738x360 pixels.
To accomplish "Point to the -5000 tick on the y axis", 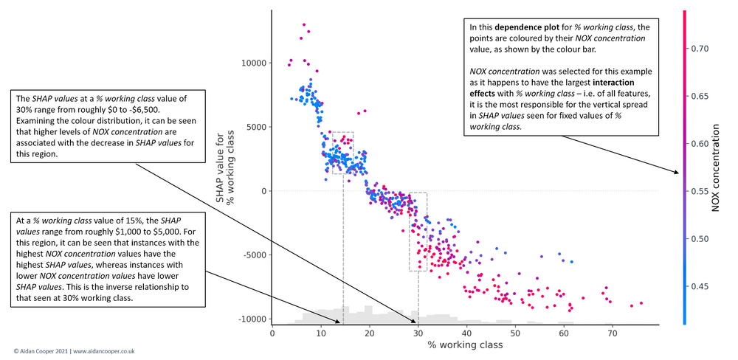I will [x=255, y=255].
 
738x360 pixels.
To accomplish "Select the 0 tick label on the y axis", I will [x=263, y=191].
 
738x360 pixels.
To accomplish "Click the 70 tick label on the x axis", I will [x=612, y=333].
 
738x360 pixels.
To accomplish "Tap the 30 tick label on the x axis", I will [x=418, y=333].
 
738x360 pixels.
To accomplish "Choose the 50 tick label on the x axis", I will [x=515, y=333].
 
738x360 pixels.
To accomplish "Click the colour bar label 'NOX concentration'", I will [x=715, y=168].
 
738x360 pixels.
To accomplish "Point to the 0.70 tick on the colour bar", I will [x=701, y=49].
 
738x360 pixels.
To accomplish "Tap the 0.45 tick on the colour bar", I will [x=701, y=286].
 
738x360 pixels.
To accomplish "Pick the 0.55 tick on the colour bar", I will [x=701, y=191].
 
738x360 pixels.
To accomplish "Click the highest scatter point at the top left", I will [x=303, y=24].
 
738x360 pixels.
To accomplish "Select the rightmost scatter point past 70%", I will [x=641, y=303].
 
